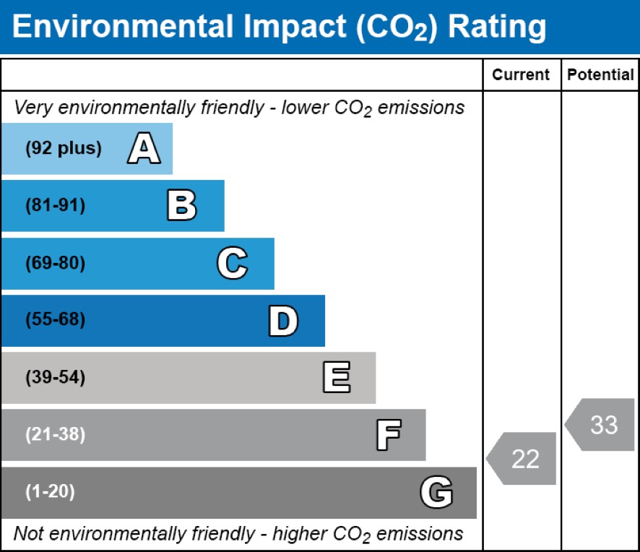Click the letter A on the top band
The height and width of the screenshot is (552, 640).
(x=144, y=149)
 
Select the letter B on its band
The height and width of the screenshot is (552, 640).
(x=181, y=206)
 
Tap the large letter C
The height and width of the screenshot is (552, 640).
(x=232, y=264)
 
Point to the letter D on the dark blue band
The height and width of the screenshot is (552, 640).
(x=282, y=321)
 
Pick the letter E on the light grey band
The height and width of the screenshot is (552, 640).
(x=336, y=378)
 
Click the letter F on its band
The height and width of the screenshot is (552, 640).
(x=388, y=435)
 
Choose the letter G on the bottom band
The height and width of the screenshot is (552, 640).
(x=436, y=493)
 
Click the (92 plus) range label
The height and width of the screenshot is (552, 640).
(x=64, y=149)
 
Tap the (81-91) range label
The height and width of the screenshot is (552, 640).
(x=55, y=206)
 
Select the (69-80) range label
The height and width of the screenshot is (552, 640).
(x=55, y=264)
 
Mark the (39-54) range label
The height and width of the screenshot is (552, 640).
(x=55, y=378)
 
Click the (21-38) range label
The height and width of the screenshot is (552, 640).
(x=55, y=435)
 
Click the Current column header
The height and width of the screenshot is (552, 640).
(x=521, y=75)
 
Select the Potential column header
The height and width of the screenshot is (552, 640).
(x=600, y=75)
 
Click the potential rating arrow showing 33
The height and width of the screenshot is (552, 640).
(x=601, y=425)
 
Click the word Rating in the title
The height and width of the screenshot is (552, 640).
(x=496, y=27)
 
